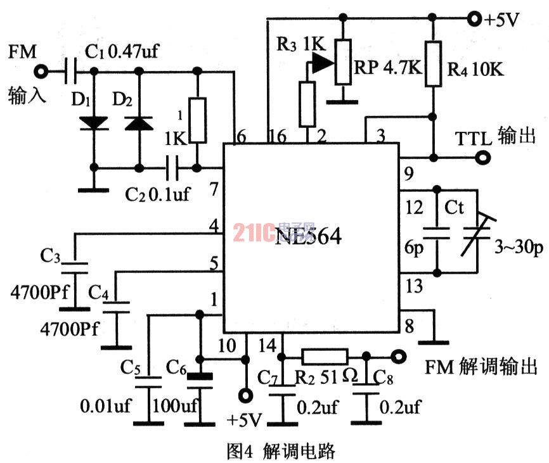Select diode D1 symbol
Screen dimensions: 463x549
(x=94, y=122)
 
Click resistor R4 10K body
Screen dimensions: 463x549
(x=434, y=63)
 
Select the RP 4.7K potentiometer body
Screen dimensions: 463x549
(x=343, y=62)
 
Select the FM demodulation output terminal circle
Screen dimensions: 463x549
(x=398, y=357)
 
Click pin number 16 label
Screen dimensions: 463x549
(x=277, y=136)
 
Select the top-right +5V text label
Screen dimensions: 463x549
(x=502, y=19)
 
